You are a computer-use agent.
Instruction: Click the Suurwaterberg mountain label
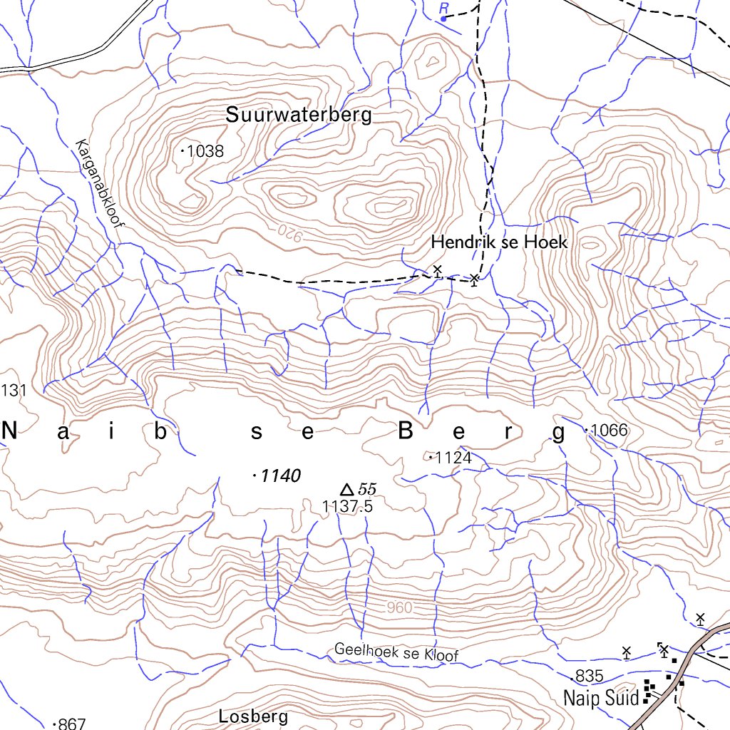click(x=299, y=115)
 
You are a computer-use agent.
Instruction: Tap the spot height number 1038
click(x=206, y=151)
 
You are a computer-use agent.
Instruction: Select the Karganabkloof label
click(x=99, y=182)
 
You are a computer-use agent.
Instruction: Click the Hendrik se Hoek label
click(x=499, y=242)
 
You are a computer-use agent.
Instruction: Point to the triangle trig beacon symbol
click(x=347, y=489)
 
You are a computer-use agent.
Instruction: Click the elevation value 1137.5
click(x=348, y=506)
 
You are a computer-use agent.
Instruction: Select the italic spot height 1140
click(x=281, y=475)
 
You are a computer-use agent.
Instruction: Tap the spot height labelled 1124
click(x=453, y=458)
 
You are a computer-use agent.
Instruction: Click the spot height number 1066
click(x=610, y=430)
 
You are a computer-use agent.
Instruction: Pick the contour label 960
click(x=401, y=608)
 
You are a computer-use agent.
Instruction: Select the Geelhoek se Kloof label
click(x=396, y=652)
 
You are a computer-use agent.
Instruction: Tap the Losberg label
click(x=254, y=716)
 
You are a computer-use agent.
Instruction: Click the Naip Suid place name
click(x=600, y=697)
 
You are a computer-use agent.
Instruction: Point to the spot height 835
click(x=590, y=676)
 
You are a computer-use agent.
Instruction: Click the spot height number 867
click(x=71, y=724)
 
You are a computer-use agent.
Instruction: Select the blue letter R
click(x=444, y=8)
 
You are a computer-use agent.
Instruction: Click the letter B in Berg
click(x=406, y=431)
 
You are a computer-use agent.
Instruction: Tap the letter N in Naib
click(x=11, y=431)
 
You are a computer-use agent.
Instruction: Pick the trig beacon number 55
click(x=367, y=489)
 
